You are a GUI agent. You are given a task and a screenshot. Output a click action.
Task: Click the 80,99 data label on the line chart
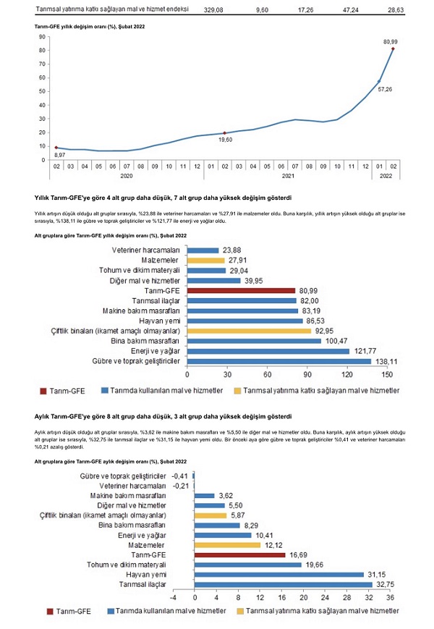coord(391,42)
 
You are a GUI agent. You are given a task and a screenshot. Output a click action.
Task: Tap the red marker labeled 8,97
coord(56,148)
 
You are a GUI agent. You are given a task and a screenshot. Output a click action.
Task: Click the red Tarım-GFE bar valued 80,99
coord(242,290)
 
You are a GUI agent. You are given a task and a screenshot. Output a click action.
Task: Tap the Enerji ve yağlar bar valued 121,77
coord(268,350)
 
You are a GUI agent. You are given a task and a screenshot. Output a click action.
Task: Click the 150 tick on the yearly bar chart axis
coord(388,376)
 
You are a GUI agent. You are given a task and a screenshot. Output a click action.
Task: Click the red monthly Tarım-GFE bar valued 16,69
coord(240,554)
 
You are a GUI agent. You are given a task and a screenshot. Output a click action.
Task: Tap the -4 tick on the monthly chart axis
coord(173,599)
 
